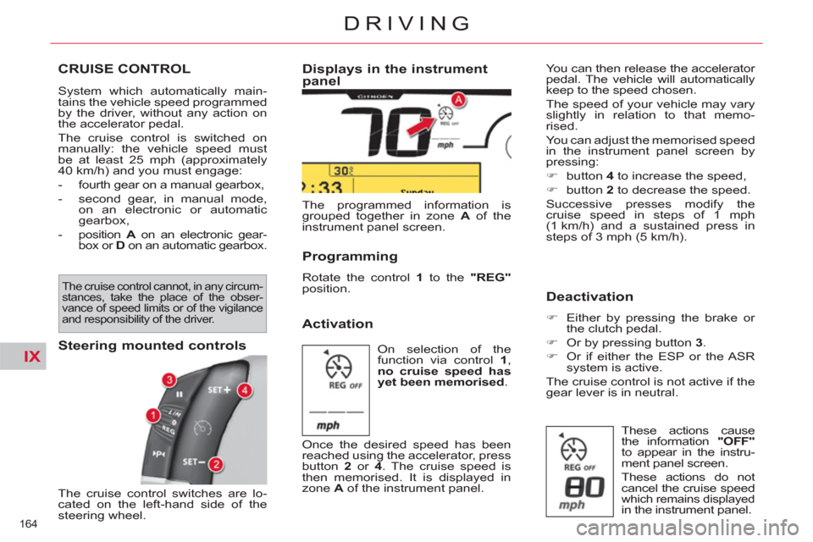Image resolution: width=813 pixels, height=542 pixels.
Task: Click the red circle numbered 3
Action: [169, 379]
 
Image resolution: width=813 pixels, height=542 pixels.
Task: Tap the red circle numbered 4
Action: [245, 390]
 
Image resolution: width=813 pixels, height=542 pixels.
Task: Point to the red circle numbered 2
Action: [215, 463]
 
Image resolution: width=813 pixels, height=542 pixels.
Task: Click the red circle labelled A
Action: [457, 100]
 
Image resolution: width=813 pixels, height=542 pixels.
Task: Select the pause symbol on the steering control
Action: [180, 395]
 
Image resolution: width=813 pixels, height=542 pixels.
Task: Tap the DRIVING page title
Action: [406, 23]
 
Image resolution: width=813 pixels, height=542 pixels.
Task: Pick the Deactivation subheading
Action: [589, 296]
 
